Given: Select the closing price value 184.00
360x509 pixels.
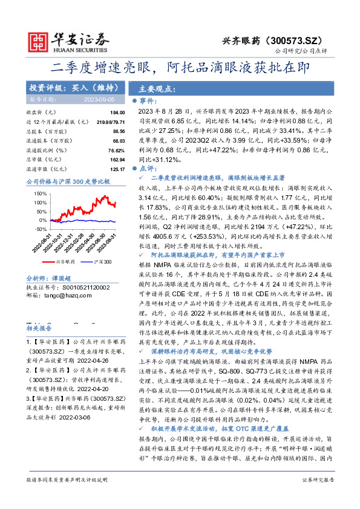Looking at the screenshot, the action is (117, 113).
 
